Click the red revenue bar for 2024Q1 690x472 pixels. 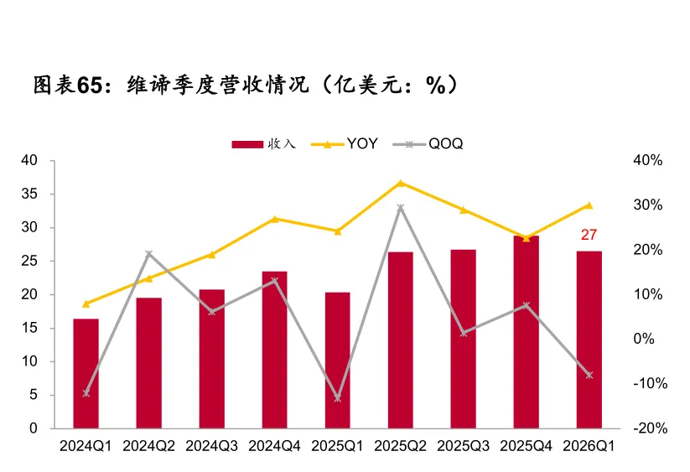coord(86,373)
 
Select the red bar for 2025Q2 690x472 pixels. coord(401,340)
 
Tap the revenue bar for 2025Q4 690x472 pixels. coord(527,332)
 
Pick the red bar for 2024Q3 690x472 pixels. coord(211,359)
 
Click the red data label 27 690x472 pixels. coord(589,235)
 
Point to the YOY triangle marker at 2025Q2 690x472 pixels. coord(401,183)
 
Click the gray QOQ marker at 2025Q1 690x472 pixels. coord(338,398)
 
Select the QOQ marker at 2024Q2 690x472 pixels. coord(148,254)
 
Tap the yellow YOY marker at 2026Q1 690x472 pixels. coord(589,205)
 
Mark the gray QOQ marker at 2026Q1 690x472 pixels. coord(589,376)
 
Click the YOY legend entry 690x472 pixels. coord(344,144)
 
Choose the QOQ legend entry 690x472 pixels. coord(428,144)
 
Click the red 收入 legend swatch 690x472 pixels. coord(247,144)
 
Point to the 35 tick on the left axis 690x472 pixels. coord(29,194)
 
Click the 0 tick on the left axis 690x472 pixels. coord(34,428)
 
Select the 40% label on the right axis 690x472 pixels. coord(648,160)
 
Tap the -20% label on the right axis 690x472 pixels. coord(651,428)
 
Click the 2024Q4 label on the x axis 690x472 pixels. coord(275,446)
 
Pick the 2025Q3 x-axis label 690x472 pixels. coord(463,446)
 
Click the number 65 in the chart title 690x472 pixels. coord(90,85)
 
